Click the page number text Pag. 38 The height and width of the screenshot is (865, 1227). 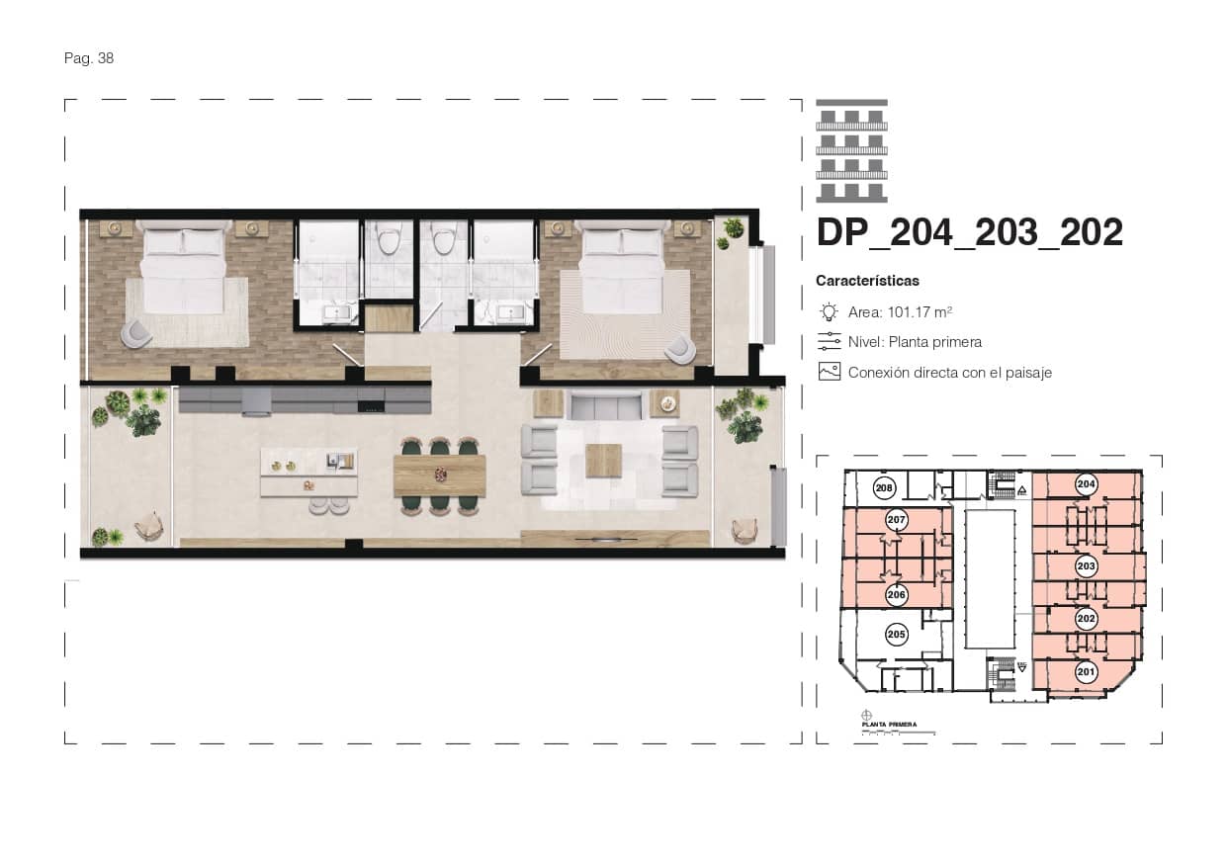click(x=89, y=58)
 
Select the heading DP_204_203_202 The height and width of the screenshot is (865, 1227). click(x=969, y=232)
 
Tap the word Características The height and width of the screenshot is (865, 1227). click(x=867, y=281)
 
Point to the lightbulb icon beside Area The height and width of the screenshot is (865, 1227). click(x=829, y=312)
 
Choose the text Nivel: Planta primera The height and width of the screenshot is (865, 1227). click(x=915, y=342)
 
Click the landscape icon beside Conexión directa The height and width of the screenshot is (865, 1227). click(x=829, y=373)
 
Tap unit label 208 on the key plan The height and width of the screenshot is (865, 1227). click(x=885, y=487)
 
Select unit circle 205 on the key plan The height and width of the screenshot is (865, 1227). click(x=897, y=634)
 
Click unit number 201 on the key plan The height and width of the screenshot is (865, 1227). click(x=1086, y=672)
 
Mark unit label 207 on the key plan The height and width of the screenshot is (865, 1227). click(x=897, y=520)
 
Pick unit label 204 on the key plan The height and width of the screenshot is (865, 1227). click(x=1086, y=484)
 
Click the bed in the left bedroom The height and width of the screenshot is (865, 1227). click(x=184, y=267)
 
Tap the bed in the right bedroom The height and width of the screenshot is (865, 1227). click(x=622, y=267)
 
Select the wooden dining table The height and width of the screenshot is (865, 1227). click(x=439, y=476)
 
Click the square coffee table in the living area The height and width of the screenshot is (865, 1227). click(x=603, y=461)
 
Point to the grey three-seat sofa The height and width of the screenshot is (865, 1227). click(x=606, y=405)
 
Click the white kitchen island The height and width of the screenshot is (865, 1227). click(x=308, y=473)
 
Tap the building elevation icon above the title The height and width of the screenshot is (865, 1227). click(x=851, y=151)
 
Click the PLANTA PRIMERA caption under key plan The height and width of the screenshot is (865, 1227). click(x=890, y=725)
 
